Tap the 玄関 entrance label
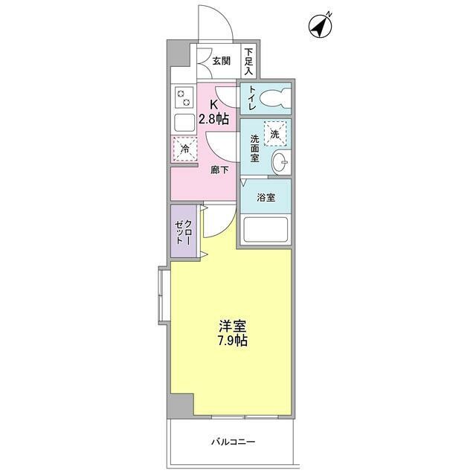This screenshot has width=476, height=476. point(221,61)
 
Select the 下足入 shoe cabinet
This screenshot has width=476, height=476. point(248,62)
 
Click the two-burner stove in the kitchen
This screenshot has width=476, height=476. point(184,97)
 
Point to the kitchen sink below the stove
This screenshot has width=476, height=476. point(184,123)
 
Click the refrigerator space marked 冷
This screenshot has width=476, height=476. point(185,149)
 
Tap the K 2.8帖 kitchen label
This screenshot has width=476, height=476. point(214,112)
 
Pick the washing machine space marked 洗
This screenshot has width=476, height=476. point(275,134)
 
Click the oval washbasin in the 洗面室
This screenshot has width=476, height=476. point(280,162)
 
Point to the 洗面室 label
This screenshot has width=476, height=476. point(254,149)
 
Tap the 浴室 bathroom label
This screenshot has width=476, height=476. point(266,198)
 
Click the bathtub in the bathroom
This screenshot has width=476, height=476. point(266,230)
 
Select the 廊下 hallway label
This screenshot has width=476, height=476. point(219,170)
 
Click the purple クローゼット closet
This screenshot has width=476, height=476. point(183,231)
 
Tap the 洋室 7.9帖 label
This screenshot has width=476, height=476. point(233,333)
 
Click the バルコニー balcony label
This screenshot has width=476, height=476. point(233,442)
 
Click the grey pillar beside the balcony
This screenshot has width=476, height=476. point(181,406)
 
